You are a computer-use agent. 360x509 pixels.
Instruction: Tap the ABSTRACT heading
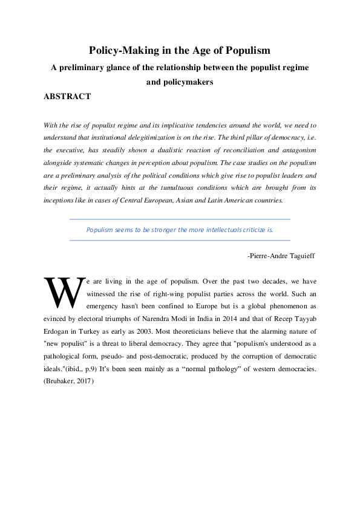pyautogui.click(x=68, y=96)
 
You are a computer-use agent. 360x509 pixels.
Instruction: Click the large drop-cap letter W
pyautogui.click(x=63, y=293)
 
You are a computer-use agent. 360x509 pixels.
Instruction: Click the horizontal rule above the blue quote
pyautogui.click(x=180, y=219)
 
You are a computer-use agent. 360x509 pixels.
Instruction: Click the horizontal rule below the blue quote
pyautogui.click(x=180, y=240)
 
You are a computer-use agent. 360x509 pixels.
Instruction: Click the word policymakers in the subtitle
pyautogui.click(x=180, y=82)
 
